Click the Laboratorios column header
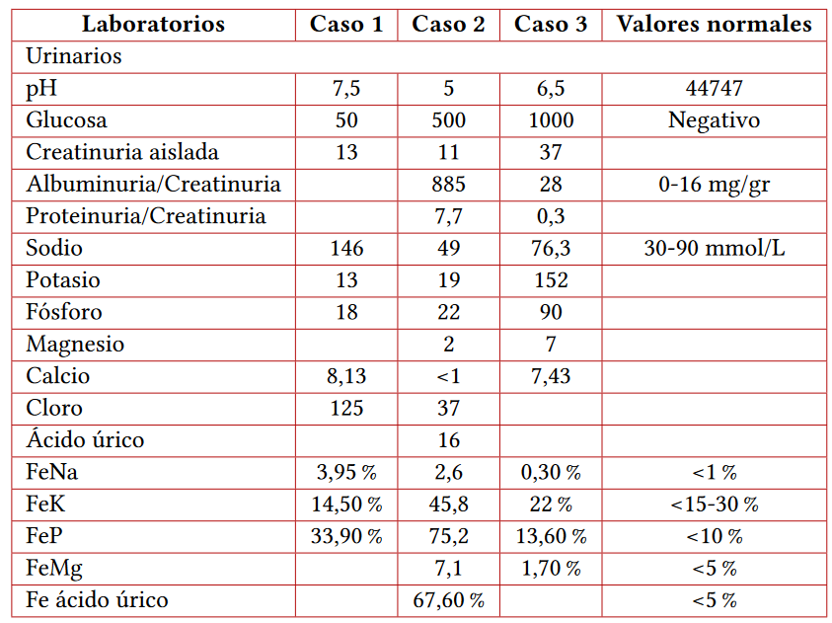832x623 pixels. point(153,25)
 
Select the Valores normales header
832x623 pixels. point(714,25)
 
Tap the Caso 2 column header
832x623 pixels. point(448,25)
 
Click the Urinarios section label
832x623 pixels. point(74,56)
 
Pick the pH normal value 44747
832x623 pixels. point(714,89)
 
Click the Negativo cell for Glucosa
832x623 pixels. point(714,120)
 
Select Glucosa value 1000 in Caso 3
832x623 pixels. point(551,120)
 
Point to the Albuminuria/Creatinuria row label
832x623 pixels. point(153,185)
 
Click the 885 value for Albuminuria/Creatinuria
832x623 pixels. point(448,185)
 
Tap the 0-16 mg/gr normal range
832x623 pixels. point(714,185)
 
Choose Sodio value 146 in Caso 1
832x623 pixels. point(346,248)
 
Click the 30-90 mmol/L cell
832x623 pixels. point(714,248)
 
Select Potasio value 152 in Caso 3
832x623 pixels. point(551,280)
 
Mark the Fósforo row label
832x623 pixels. point(64,312)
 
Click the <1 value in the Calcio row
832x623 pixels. point(448,376)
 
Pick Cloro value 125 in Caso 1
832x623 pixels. point(346,408)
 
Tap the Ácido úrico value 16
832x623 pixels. point(448,440)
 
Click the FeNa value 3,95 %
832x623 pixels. point(346,472)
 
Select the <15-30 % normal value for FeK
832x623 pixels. point(714,505)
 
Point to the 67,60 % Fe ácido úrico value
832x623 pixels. point(448,600)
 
